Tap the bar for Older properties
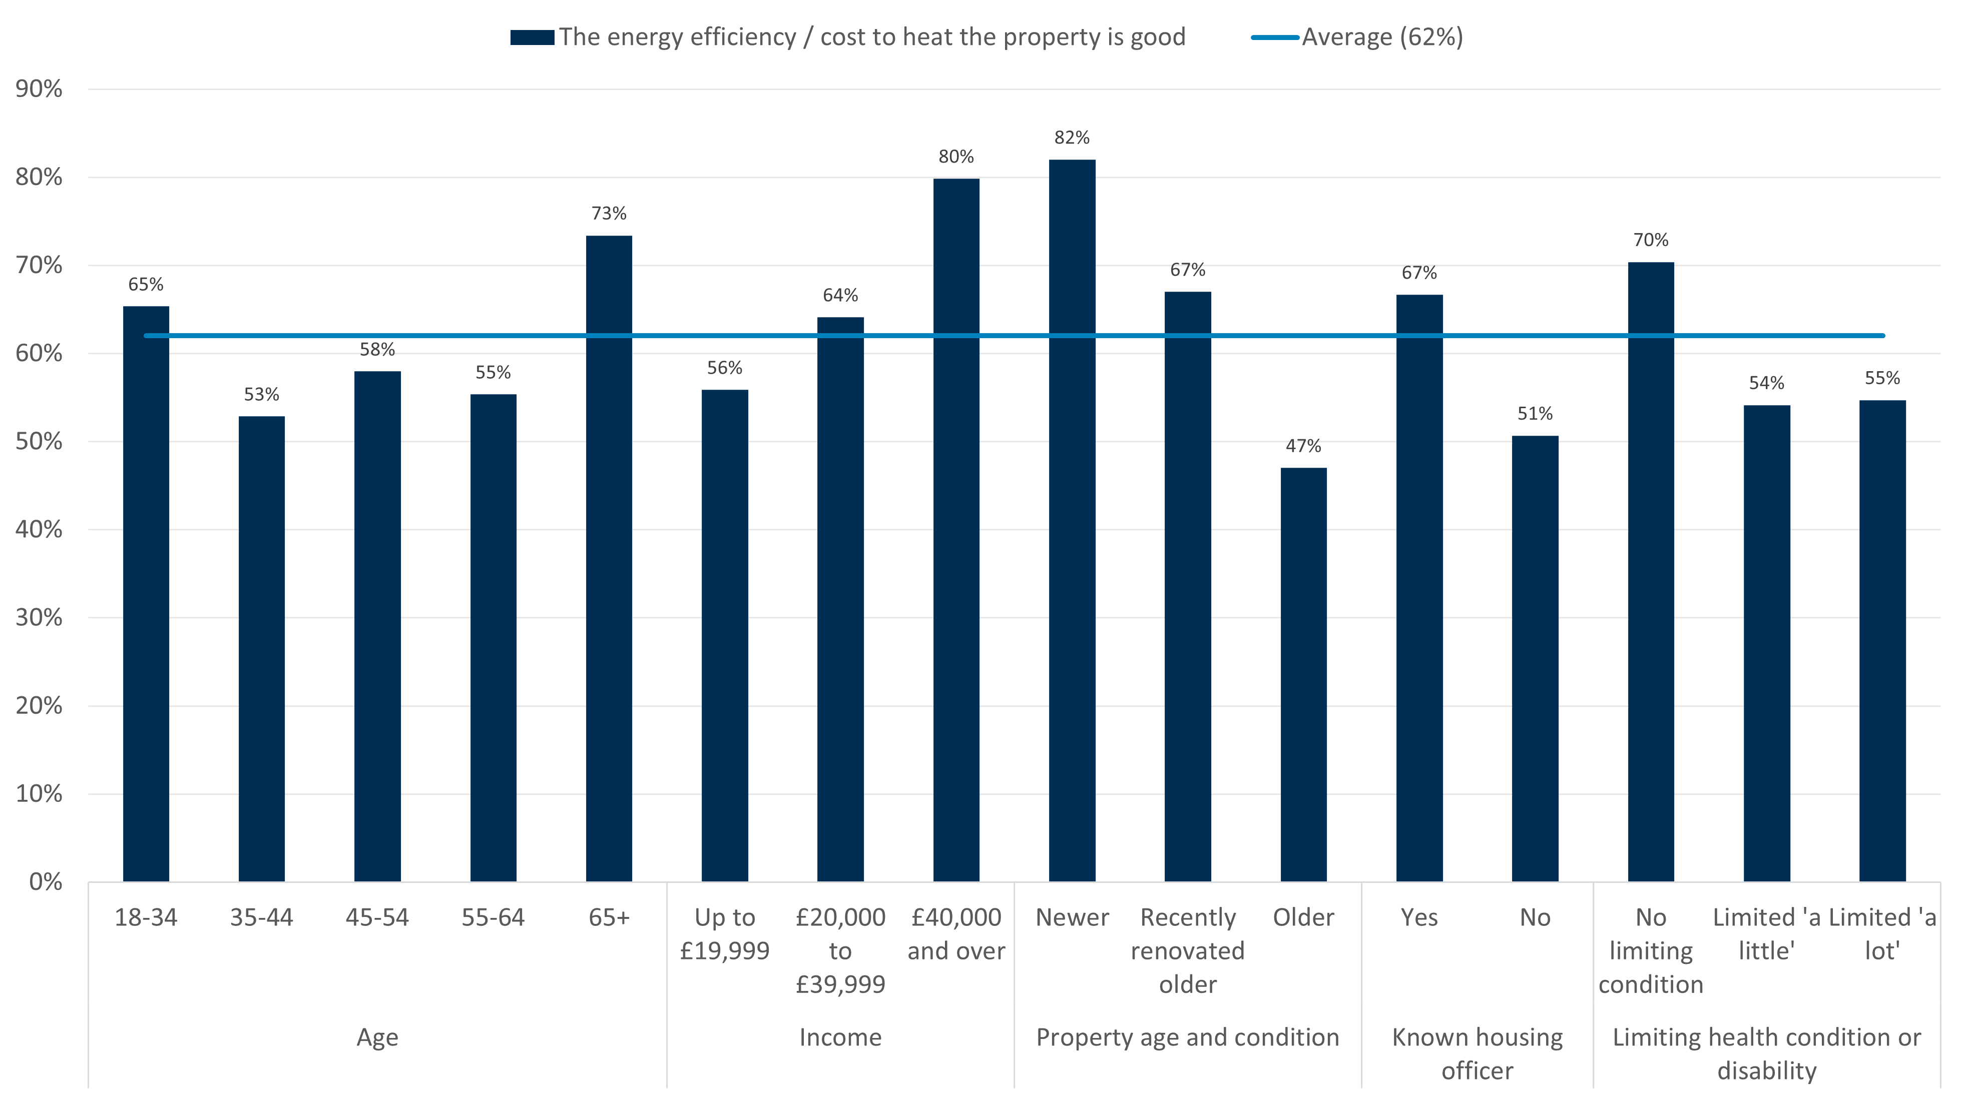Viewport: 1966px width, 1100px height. (1303, 674)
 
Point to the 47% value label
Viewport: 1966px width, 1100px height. (1303, 446)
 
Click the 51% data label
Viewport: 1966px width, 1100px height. (1535, 414)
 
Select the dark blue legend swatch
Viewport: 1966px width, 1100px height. (532, 38)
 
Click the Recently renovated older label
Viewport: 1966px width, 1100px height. (1188, 950)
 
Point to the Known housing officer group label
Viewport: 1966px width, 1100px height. (1477, 1053)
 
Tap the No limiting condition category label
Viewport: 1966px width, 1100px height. (1650, 950)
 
